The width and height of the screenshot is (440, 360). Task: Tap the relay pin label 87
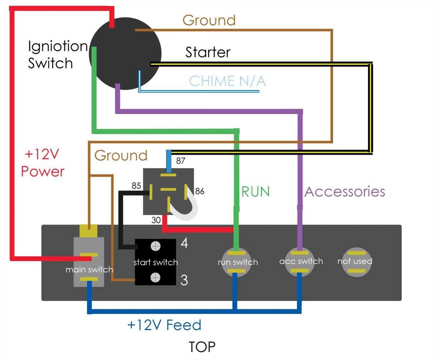tap(181, 160)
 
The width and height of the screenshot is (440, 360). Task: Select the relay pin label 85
tap(136, 186)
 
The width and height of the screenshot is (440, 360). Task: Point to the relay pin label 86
tap(200, 191)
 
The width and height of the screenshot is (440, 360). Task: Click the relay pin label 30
tap(157, 220)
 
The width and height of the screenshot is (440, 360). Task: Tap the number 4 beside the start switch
tap(184, 243)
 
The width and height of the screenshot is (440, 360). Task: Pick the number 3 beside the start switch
tap(184, 280)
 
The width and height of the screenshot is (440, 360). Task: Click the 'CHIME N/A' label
tap(227, 81)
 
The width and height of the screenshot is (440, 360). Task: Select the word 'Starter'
tap(208, 52)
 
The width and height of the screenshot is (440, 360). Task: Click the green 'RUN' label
tap(256, 192)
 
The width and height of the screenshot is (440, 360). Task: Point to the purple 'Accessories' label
tap(345, 192)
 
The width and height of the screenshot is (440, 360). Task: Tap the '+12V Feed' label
tap(164, 325)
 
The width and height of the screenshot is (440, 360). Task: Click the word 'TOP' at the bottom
tap(202, 347)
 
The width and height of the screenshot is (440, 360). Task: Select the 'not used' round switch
tap(355, 261)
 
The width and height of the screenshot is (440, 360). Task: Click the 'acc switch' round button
tap(301, 261)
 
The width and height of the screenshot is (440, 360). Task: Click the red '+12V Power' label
tap(43, 163)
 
